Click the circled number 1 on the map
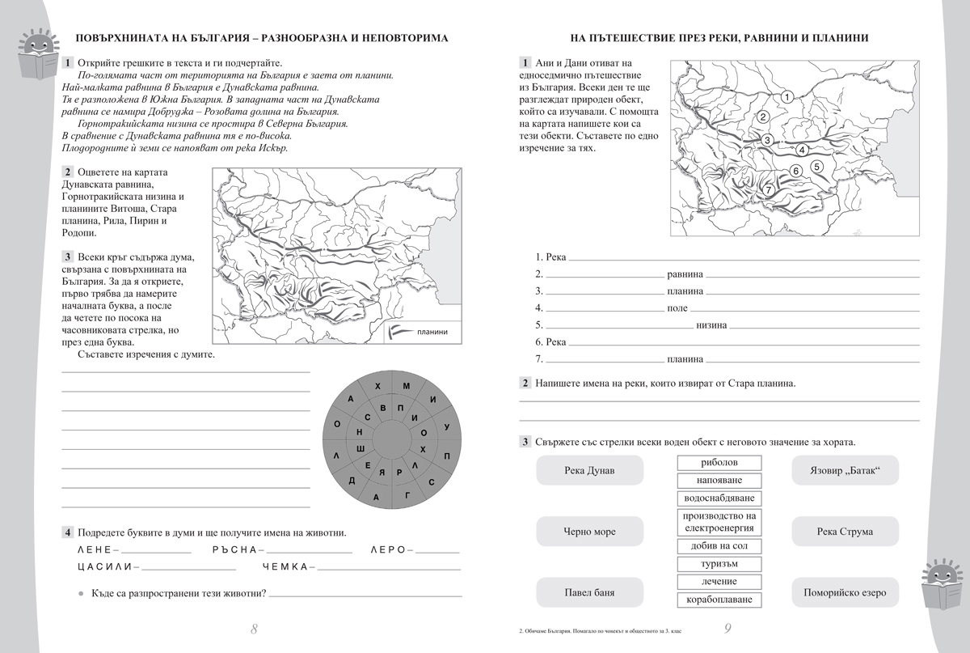pyautogui.click(x=786, y=97)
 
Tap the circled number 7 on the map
pyautogui.click(x=769, y=189)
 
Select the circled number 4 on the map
pyautogui.click(x=801, y=150)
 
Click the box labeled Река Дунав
pyautogui.click(x=589, y=470)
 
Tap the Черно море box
pyautogui.click(x=589, y=532)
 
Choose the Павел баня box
pyautogui.click(x=589, y=592)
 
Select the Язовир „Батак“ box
pyautogui.click(x=844, y=470)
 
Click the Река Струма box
pyautogui.click(x=844, y=532)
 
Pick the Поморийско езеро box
pyautogui.click(x=844, y=592)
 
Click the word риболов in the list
pyautogui.click(x=719, y=463)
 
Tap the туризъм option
pyautogui.click(x=719, y=564)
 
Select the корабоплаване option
pyautogui.click(x=719, y=600)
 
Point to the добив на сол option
pyautogui.click(x=719, y=546)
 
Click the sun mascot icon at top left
pyautogui.click(x=33, y=53)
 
